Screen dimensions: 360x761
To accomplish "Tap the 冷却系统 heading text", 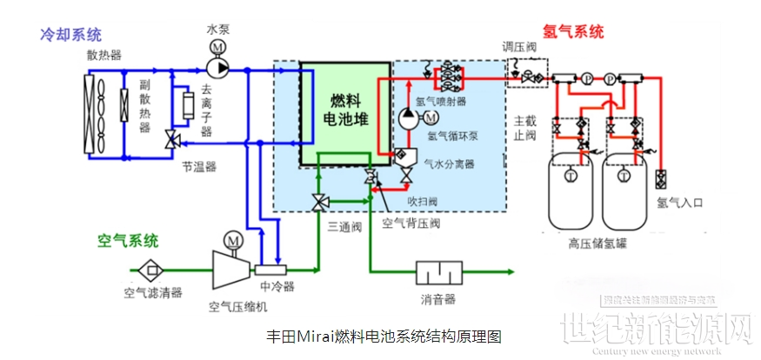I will [x=70, y=35].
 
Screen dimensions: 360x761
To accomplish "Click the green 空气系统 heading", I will [x=128, y=239].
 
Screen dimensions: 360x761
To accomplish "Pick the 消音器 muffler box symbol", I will [x=438, y=276].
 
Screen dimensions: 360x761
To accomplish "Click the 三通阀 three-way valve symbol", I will [x=319, y=202].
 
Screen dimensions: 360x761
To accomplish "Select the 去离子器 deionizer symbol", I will [x=183, y=108].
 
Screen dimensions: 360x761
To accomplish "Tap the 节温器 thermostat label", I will [x=199, y=164].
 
